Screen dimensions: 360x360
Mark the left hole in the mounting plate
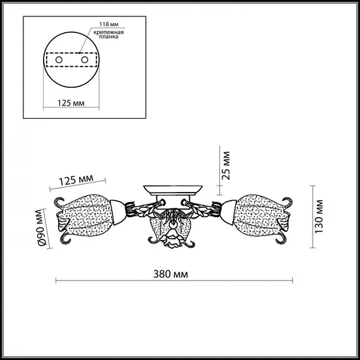(60, 60)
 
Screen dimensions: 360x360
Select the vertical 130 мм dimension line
(313, 215)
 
